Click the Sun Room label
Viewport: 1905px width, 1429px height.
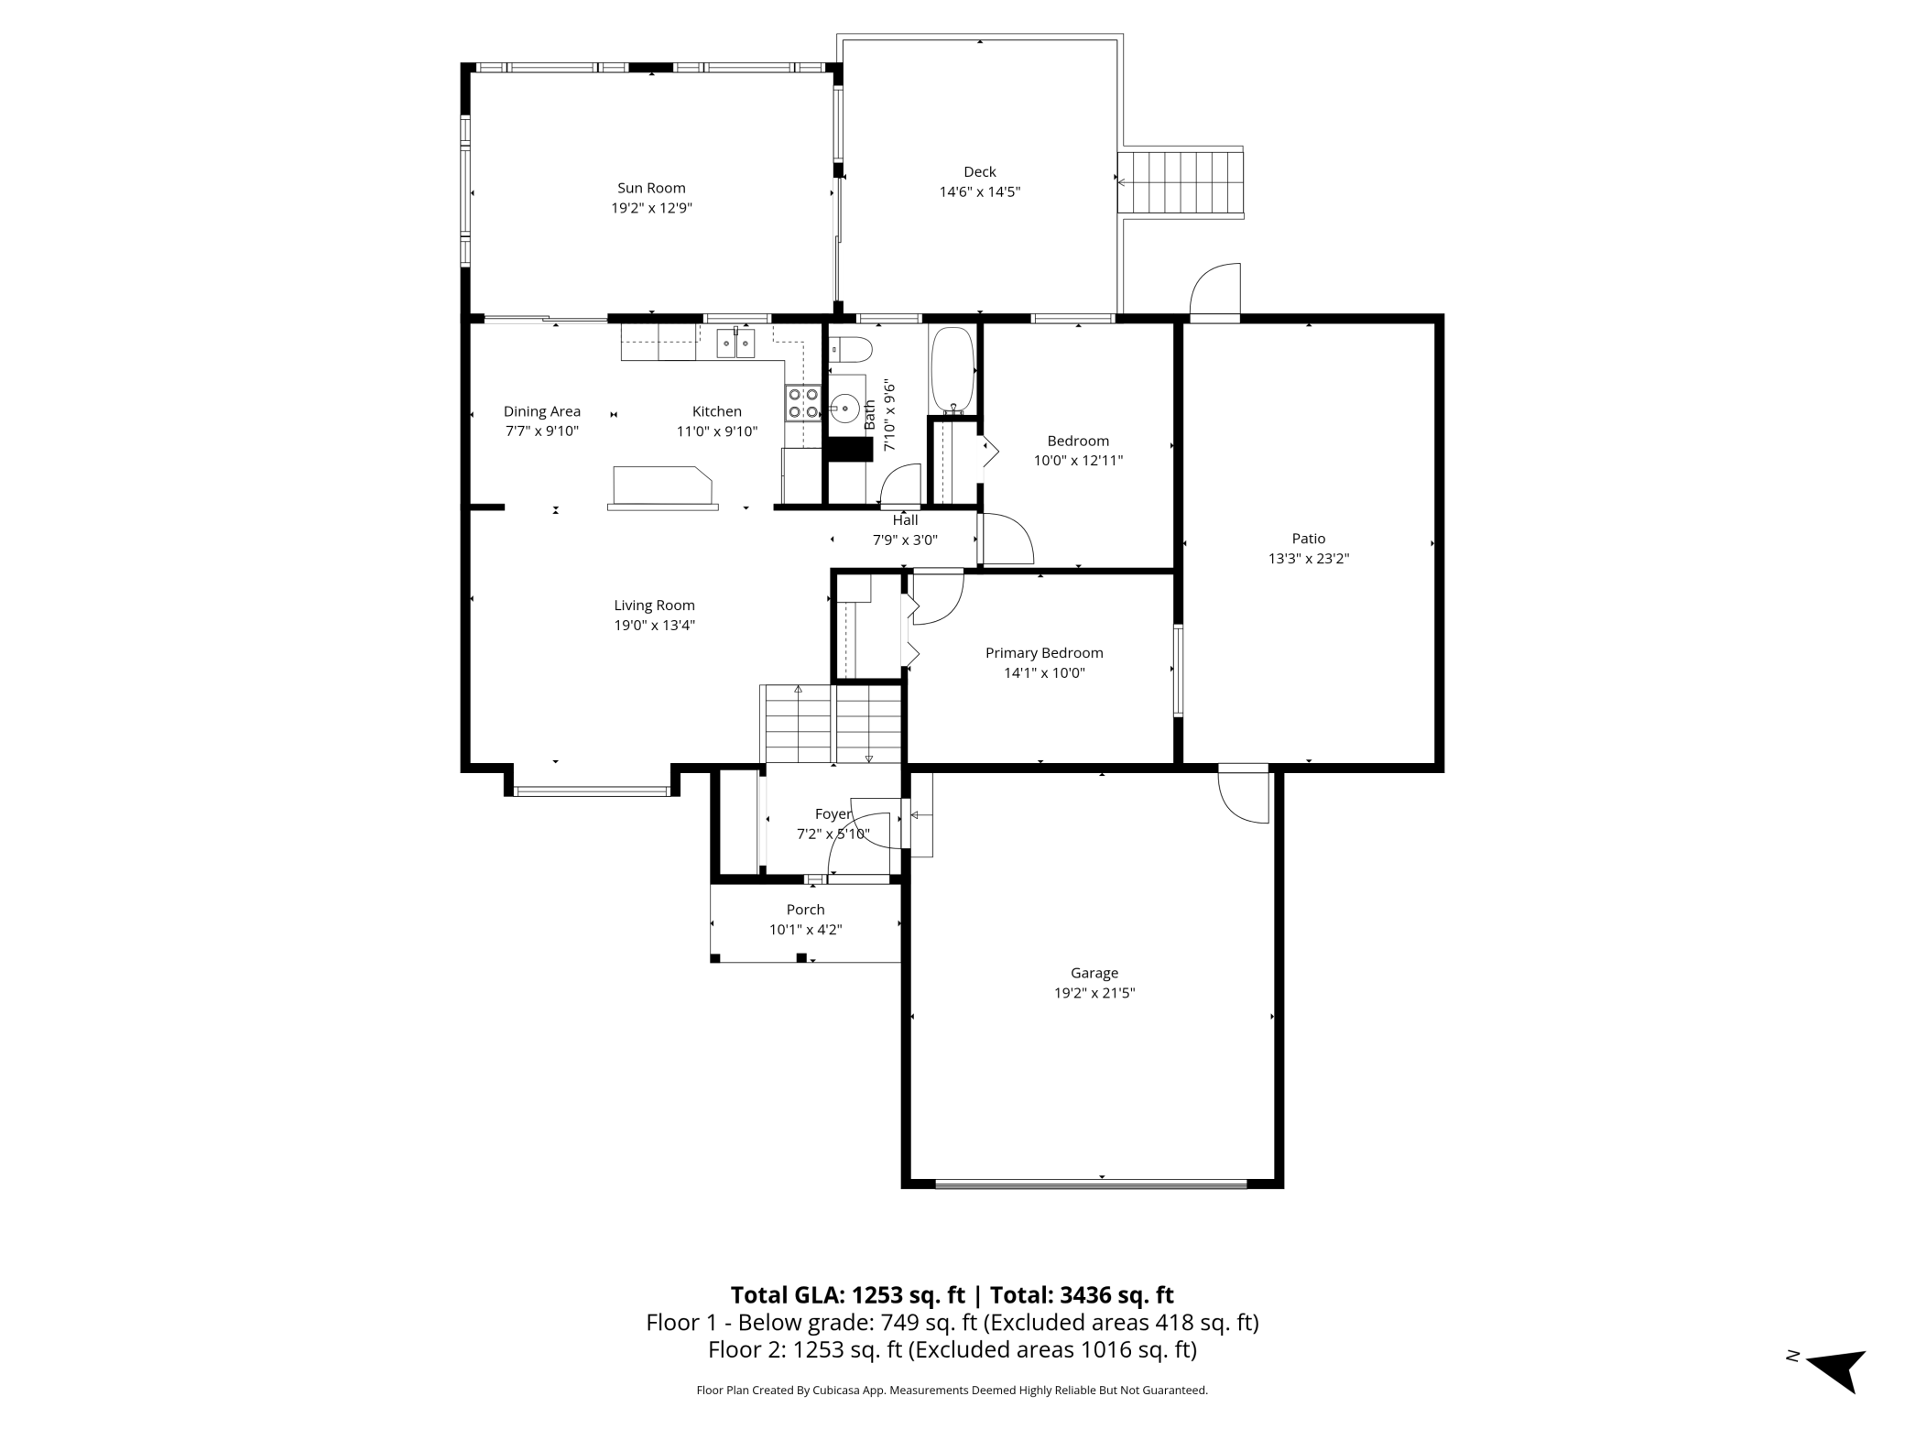pyautogui.click(x=651, y=188)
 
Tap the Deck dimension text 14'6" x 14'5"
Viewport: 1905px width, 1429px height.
pyautogui.click(x=979, y=191)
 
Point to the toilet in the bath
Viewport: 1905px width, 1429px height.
pyautogui.click(x=849, y=350)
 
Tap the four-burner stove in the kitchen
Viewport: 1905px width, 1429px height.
pyautogui.click(x=803, y=403)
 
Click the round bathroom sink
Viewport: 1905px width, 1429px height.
pyautogui.click(x=844, y=407)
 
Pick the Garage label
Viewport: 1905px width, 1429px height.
pyautogui.click(x=1094, y=973)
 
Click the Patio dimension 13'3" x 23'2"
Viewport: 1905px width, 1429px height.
pyautogui.click(x=1309, y=559)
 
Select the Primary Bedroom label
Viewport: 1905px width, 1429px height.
pyautogui.click(x=1044, y=653)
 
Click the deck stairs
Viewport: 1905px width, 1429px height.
pyautogui.click(x=1181, y=181)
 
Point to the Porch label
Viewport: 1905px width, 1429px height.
pyautogui.click(x=805, y=910)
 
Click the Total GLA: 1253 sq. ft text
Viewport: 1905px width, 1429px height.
pyautogui.click(x=847, y=1294)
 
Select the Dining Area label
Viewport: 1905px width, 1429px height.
pyautogui.click(x=542, y=411)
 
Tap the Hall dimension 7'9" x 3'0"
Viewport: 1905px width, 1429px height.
pyautogui.click(x=905, y=540)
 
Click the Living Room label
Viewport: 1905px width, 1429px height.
pyautogui.click(x=654, y=605)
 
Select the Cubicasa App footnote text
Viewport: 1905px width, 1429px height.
pyautogui.click(x=952, y=1390)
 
